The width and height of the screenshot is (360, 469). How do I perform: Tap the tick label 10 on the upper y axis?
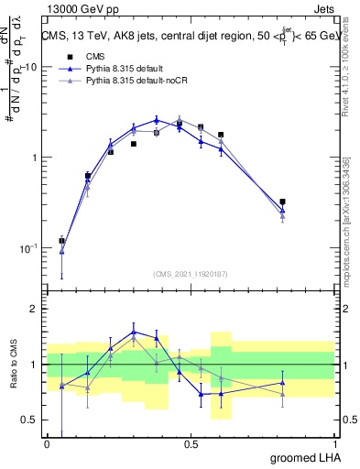click(31, 68)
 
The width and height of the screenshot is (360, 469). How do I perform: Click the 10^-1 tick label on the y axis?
click(27, 247)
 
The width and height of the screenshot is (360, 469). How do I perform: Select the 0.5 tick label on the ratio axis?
click(31, 421)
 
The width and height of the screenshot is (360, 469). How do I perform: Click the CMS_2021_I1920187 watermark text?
click(191, 274)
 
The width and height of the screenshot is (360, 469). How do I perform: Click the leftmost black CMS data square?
click(61, 241)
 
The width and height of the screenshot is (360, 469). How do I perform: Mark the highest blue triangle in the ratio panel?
click(134, 332)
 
